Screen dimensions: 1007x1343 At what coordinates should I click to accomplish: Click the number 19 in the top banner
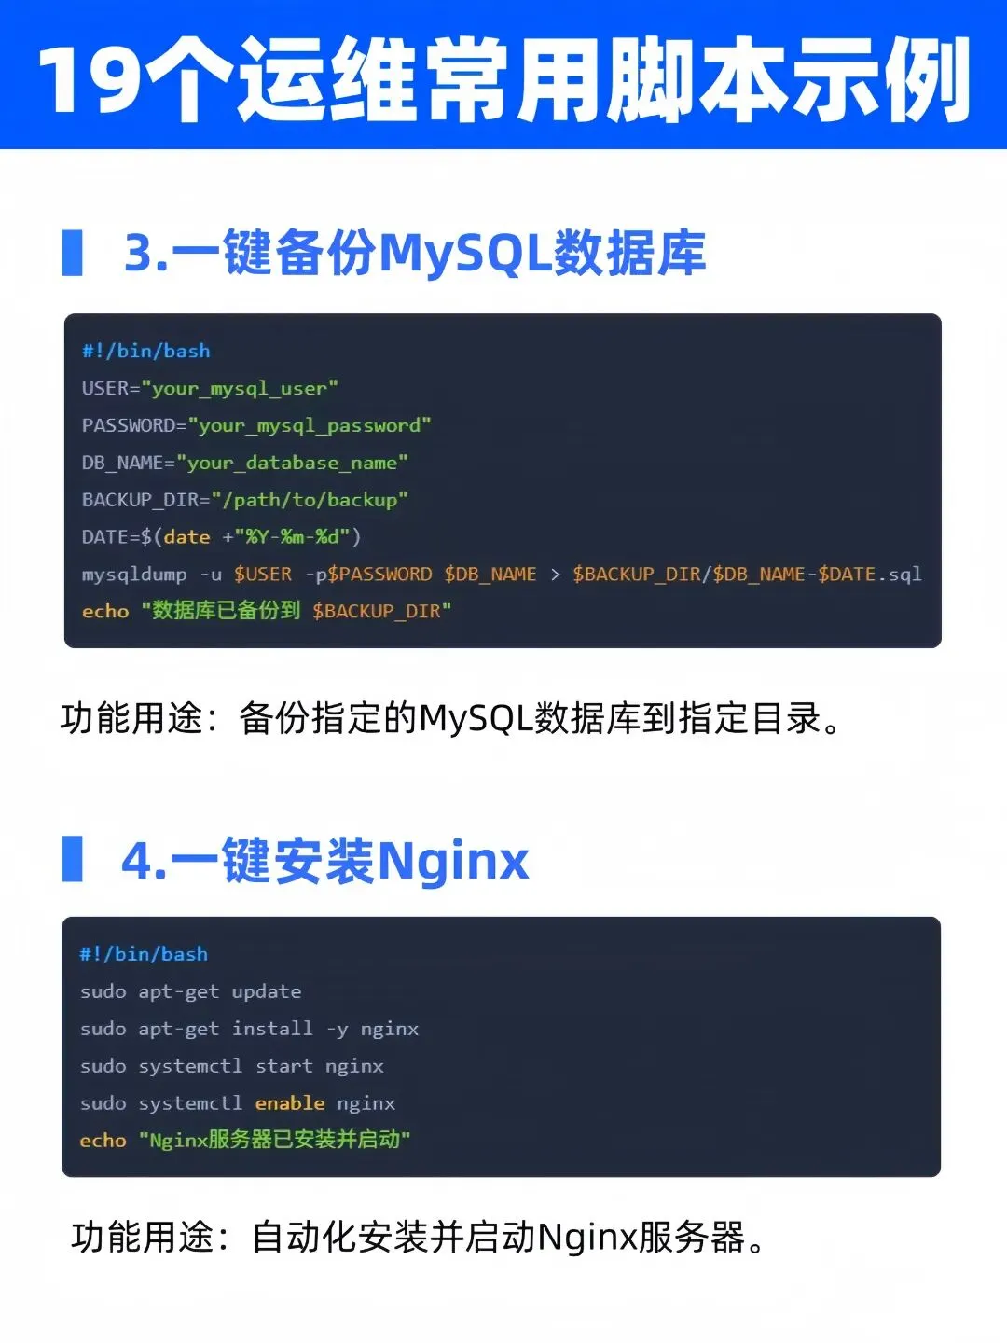90,78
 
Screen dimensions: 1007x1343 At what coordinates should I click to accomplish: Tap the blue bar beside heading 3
72,253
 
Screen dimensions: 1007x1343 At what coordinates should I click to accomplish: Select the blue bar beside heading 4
72,859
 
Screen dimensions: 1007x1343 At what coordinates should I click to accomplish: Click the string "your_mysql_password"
310,425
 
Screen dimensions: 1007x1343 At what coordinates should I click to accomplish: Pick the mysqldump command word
134,575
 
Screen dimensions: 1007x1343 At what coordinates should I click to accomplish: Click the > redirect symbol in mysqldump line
555,575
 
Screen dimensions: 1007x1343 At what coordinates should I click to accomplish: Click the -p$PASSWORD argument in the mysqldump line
369,575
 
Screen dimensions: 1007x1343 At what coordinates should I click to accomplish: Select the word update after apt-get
267,991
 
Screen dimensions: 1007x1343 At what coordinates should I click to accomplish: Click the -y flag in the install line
337,1029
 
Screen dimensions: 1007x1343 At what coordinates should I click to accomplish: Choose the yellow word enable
290,1103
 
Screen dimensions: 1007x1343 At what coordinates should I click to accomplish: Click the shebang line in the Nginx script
144,954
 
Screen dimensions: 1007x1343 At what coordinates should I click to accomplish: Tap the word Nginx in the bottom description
586,1238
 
